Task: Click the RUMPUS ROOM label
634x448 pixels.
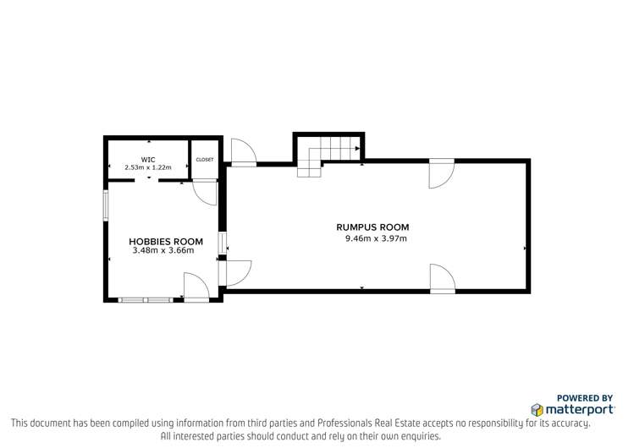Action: tap(372, 227)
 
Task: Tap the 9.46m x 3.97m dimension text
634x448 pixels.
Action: tap(376, 238)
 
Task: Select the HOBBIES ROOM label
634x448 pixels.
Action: tap(166, 242)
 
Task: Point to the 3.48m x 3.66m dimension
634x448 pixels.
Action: tap(166, 251)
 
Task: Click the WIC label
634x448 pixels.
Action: tap(148, 159)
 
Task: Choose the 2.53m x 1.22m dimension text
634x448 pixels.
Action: tap(148, 167)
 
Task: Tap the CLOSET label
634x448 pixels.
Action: tap(205, 159)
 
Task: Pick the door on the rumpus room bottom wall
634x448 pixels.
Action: tap(441, 279)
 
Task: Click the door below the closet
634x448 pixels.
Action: tap(205, 190)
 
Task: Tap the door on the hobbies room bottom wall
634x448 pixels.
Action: tap(196, 287)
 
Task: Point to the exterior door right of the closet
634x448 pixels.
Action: tap(244, 151)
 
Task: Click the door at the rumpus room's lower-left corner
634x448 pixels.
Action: tap(238, 272)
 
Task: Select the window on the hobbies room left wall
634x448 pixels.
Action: tap(106, 205)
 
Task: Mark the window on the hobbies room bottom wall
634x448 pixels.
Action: tap(146, 299)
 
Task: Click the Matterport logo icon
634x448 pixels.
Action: tap(538, 409)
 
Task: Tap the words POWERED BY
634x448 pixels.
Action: tap(585, 397)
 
